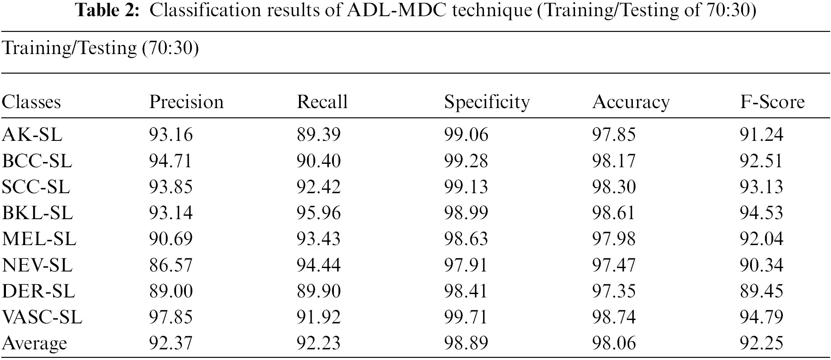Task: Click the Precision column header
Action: point(186,102)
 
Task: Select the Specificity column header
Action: point(487,102)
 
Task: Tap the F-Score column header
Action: point(772,102)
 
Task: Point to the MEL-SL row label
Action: point(39,239)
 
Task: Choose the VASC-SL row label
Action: point(42,317)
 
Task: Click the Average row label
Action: point(34,343)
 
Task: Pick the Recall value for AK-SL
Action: point(319,134)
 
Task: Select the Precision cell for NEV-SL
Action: point(171,265)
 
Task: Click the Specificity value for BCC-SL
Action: point(466,161)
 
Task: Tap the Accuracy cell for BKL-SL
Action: point(614,213)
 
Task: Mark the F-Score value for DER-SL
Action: point(761,291)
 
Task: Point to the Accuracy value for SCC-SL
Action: point(614,187)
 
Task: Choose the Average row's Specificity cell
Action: point(466,343)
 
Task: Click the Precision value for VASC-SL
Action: point(171,317)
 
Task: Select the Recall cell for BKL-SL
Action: point(319,213)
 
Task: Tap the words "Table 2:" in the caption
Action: point(108,10)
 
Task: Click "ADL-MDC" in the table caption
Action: point(397,10)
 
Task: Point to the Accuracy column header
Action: point(631,102)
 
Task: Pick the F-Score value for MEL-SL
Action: point(761,239)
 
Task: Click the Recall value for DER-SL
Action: point(319,291)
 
